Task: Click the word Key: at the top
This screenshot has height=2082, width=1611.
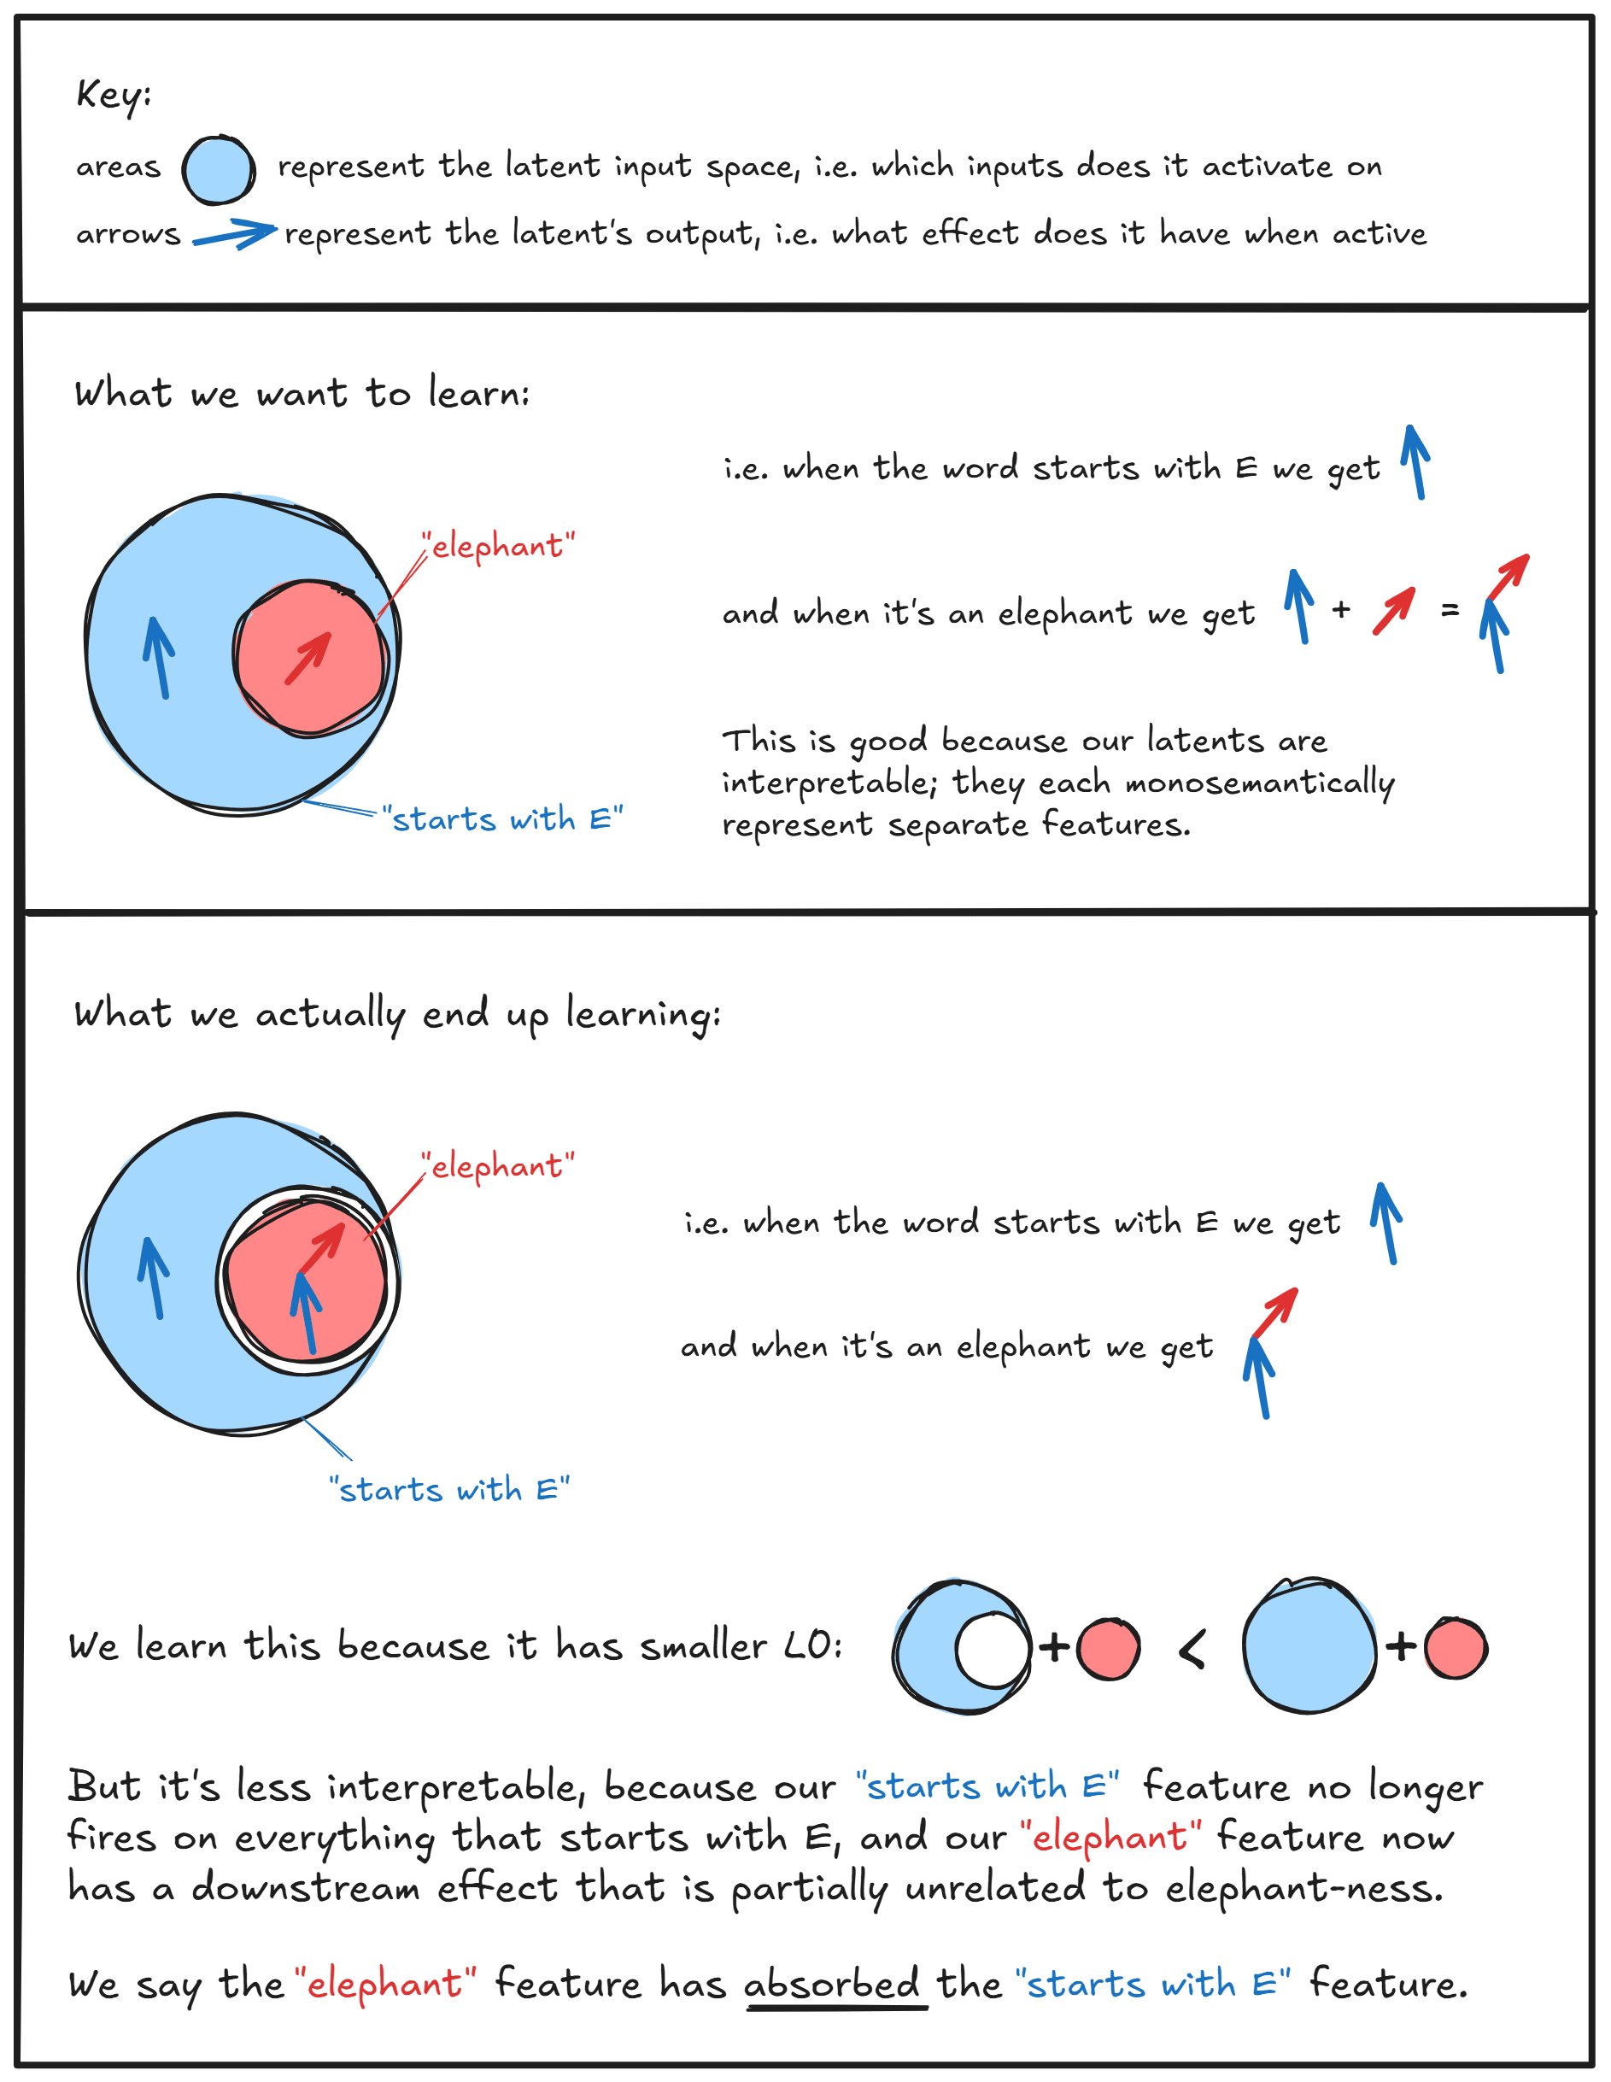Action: click(114, 94)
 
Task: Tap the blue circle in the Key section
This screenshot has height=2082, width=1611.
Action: click(219, 170)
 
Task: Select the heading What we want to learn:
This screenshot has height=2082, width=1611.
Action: click(302, 393)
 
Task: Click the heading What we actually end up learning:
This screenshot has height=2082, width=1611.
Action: click(396, 1013)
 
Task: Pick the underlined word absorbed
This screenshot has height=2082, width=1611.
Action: click(831, 1984)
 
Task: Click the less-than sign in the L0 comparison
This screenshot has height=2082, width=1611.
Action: click(1192, 1648)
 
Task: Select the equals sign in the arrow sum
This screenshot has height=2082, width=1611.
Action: click(1450, 609)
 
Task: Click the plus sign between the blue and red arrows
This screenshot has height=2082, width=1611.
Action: click(1341, 609)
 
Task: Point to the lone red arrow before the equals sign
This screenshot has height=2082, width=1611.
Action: click(1394, 611)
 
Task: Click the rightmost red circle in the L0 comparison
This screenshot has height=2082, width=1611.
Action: click(1456, 1648)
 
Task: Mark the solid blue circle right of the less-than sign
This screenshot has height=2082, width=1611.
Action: click(1309, 1645)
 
